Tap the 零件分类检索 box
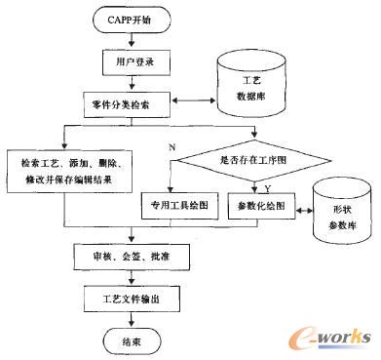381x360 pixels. pyautogui.click(x=124, y=100)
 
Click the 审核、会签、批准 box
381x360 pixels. pyautogui.click(x=124, y=258)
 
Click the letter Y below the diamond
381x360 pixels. pyautogui.click(x=268, y=186)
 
